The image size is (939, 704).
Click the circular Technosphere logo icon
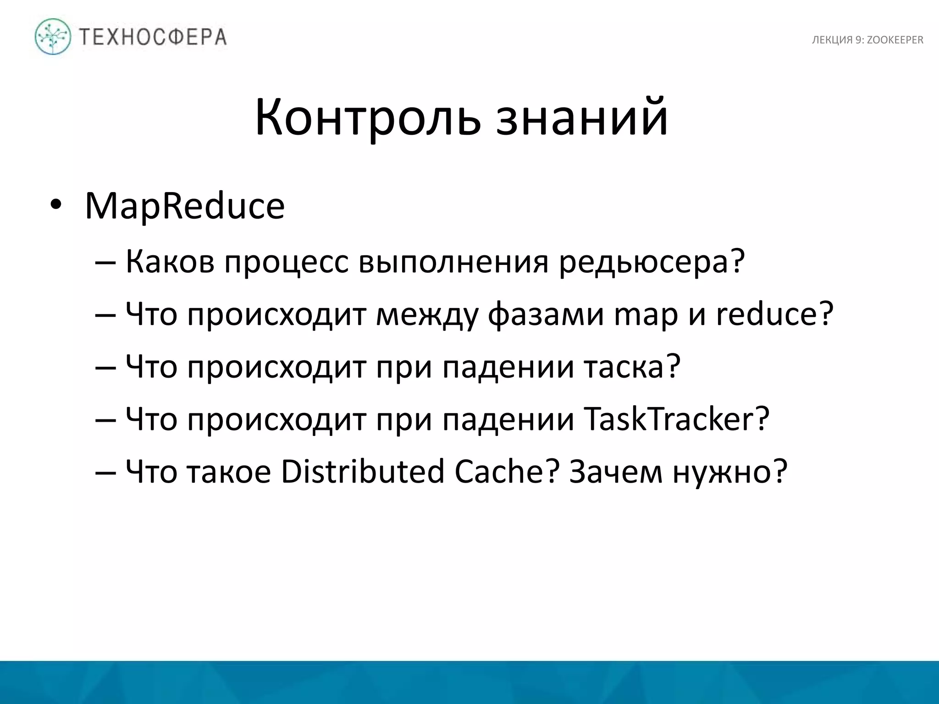point(53,37)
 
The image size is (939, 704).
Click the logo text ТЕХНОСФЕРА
point(153,37)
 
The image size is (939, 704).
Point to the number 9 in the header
point(858,40)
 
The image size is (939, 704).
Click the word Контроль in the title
point(367,118)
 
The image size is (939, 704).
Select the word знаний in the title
point(582,118)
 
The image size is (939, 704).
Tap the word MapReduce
point(185,206)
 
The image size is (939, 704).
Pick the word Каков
point(170,262)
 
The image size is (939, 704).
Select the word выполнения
point(453,262)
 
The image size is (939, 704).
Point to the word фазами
point(546,315)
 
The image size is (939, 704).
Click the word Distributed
point(362,472)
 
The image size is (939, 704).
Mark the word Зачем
point(616,473)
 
